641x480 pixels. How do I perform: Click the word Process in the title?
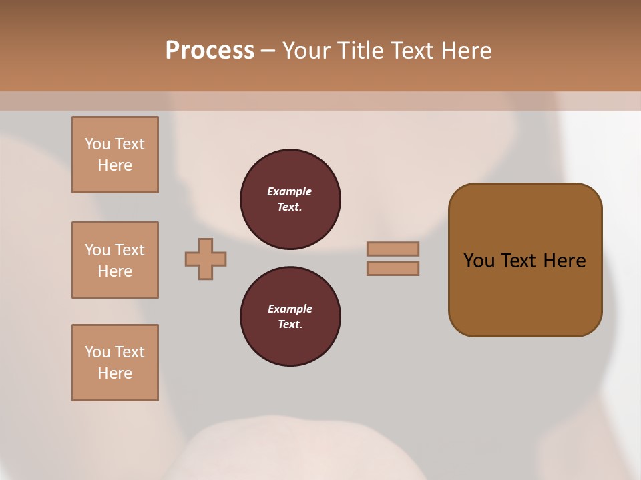coord(210,51)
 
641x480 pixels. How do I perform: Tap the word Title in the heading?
coord(359,51)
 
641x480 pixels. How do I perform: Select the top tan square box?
coord(115,155)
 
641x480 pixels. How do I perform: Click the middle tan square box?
coord(115,260)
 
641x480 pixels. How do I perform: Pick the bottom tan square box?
coord(115,363)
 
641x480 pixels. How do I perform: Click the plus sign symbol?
coord(206,259)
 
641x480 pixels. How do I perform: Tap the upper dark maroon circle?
coord(290,199)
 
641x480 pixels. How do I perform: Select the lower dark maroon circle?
coord(290,316)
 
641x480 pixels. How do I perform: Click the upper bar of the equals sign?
coord(393,249)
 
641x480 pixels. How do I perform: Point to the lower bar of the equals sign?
coord(393,268)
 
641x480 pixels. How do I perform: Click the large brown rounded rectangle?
coord(525,260)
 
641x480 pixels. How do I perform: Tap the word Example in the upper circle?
coord(290,191)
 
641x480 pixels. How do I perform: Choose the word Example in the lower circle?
coord(290,309)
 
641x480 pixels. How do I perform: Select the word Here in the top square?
coord(115,165)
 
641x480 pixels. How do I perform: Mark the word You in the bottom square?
coord(97,352)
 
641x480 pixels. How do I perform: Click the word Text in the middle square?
coord(130,250)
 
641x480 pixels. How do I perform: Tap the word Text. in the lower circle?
coord(290,324)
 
